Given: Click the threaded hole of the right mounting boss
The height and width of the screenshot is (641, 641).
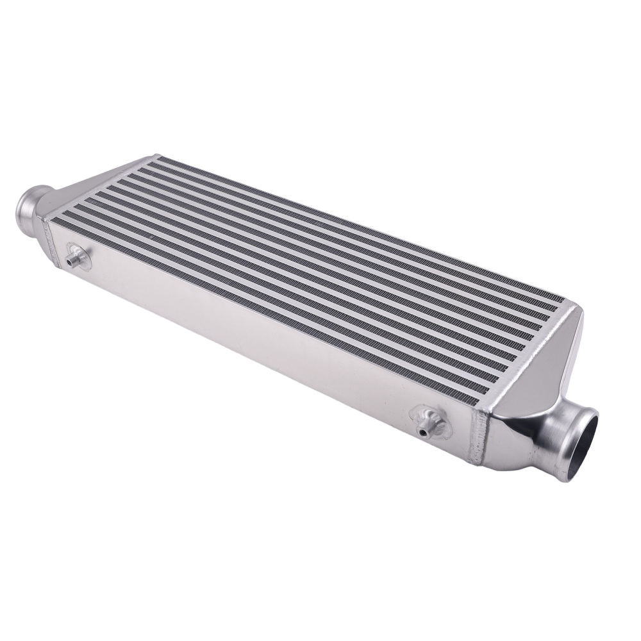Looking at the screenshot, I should [x=424, y=431].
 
